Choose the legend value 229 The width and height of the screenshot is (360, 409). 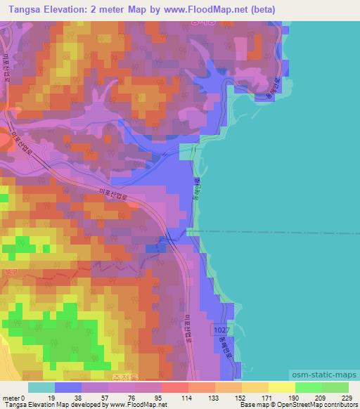[x=345, y=397]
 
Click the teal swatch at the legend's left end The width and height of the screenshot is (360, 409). [x=41, y=387]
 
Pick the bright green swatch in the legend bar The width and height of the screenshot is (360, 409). [x=308, y=387]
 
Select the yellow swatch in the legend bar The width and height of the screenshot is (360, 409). [x=281, y=387]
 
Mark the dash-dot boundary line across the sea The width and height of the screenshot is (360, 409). [x=281, y=231]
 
